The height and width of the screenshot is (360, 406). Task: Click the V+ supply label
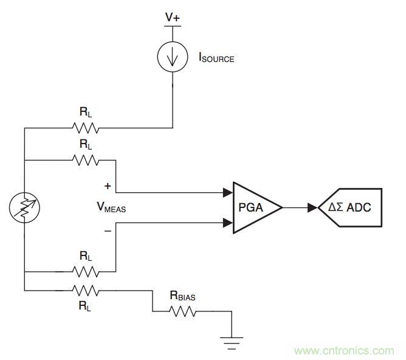[x=173, y=16]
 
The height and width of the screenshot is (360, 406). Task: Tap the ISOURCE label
[x=216, y=59]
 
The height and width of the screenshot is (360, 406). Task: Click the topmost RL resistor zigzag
[x=85, y=128]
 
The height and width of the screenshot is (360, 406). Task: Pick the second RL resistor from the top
[x=85, y=161]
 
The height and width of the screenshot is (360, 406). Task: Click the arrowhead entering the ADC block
[x=312, y=208]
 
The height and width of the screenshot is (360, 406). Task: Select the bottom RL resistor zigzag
[x=85, y=289]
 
